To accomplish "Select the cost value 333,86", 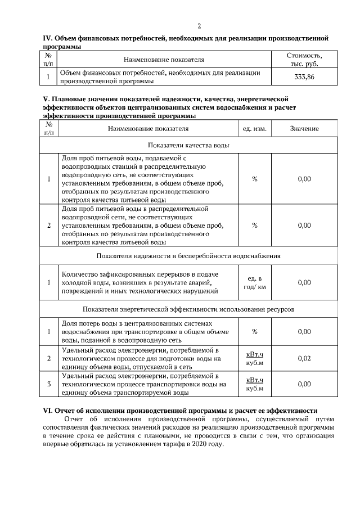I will click(x=304, y=76).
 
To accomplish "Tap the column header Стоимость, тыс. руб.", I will click(x=304, y=59).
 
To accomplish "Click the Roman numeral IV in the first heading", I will click(x=47, y=38).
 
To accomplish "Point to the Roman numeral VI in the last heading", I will click(x=48, y=411).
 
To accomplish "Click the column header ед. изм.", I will click(x=254, y=129).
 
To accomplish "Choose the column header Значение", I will click(x=304, y=129).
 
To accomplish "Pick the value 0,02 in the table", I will click(x=304, y=358).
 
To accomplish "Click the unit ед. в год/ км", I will click(x=254, y=283).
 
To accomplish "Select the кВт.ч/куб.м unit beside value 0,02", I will click(x=254, y=358).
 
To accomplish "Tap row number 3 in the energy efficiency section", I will click(x=49, y=384).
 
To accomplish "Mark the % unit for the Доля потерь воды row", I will click(x=254, y=332).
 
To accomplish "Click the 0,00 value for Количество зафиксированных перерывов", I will click(x=304, y=283).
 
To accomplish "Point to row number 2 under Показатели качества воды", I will click(x=49, y=226).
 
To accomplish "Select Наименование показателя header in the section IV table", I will click(x=164, y=59).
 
